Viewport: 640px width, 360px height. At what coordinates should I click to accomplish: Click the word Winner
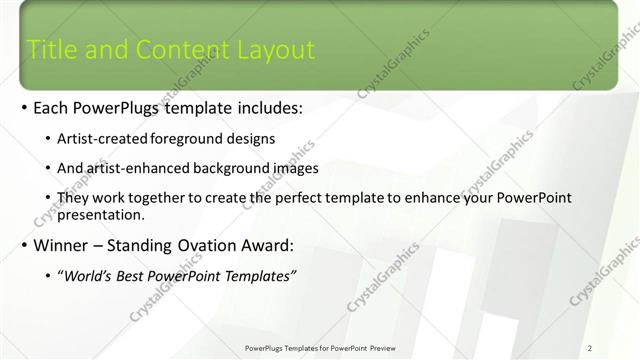point(63,245)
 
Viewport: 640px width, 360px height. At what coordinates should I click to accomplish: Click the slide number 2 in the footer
point(590,347)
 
